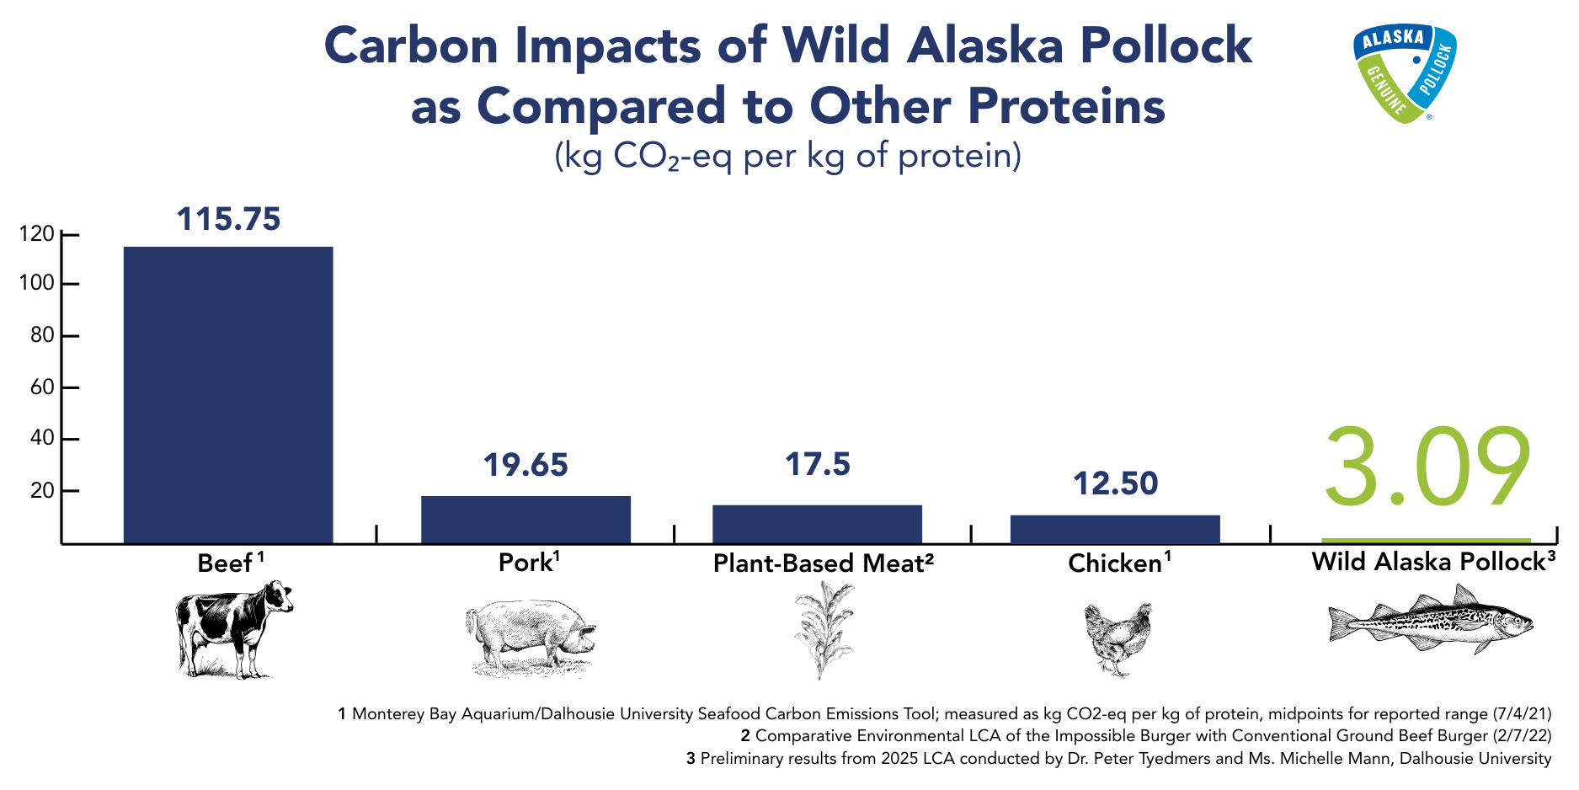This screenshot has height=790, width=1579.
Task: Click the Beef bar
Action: tap(228, 395)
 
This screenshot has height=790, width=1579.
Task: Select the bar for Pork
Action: tap(525, 520)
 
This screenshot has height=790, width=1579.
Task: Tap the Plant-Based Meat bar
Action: tap(817, 524)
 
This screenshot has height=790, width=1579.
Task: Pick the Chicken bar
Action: tap(1115, 529)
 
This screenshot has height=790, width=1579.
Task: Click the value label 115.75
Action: tap(228, 219)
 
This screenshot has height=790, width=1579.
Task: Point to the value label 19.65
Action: tap(525, 465)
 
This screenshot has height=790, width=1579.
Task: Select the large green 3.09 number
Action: tap(1427, 467)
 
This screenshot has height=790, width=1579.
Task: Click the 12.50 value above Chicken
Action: tap(1115, 483)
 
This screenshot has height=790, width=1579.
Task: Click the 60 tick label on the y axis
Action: tap(42, 387)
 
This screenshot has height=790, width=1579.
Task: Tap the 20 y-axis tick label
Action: tap(42, 490)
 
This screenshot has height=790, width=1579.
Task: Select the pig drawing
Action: tap(531, 637)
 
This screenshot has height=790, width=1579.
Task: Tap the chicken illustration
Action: tap(1118, 639)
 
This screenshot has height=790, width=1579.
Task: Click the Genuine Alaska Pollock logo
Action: tap(1404, 73)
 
